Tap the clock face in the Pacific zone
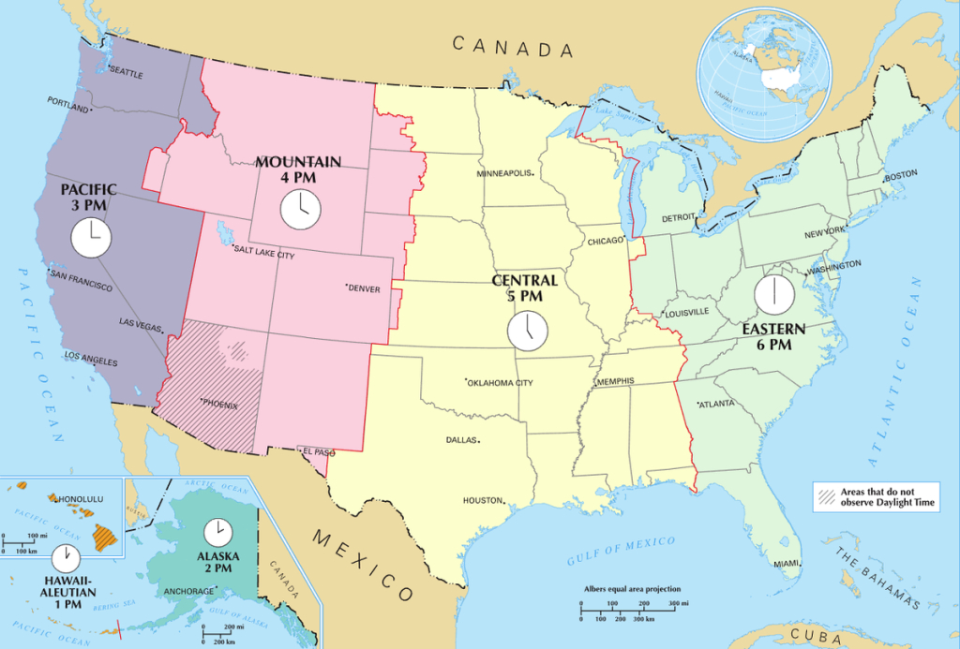[91, 238]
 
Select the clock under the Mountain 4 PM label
[301, 208]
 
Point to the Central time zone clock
[527, 331]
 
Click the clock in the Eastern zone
[775, 294]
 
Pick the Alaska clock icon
[218, 532]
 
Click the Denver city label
[364, 288]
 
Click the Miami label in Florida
[787, 564]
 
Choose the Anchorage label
[189, 592]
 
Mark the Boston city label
[900, 175]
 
